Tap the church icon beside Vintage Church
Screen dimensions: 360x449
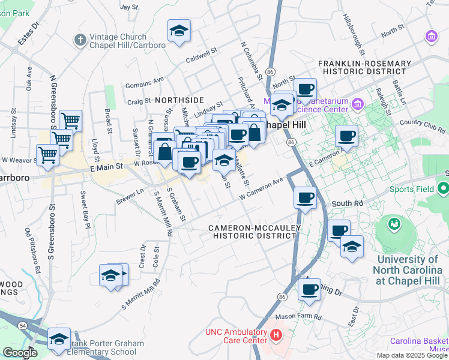[80, 40]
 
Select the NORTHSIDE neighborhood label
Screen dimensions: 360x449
[179, 100]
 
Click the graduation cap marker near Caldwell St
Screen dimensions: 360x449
[178, 31]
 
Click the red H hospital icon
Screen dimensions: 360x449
[276, 334]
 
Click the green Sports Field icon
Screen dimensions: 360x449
[444, 190]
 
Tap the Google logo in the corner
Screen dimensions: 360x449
[20, 353]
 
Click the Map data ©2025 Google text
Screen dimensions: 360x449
[412, 355]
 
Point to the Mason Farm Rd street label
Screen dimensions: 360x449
[298, 316]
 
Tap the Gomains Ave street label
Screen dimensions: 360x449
[144, 82]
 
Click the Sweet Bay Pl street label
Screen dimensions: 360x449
[85, 210]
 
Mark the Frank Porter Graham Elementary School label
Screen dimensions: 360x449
[107, 348]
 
